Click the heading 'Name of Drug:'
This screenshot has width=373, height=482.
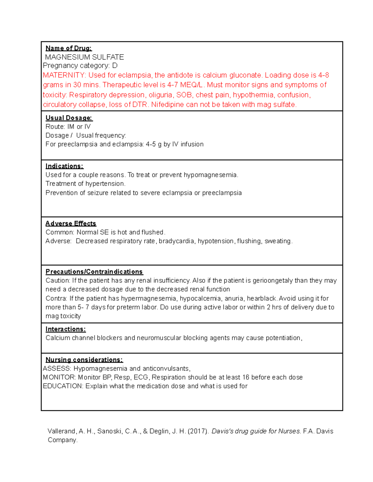point(68,48)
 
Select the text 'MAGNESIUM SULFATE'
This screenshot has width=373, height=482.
point(85,57)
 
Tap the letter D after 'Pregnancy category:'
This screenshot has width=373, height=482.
point(115,66)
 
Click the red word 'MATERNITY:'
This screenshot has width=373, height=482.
point(64,75)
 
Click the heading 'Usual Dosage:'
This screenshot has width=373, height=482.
point(69,118)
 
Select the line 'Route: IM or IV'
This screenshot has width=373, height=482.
point(68,127)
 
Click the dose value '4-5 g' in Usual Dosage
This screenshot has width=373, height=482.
point(153,144)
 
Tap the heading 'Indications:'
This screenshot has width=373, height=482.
point(64,166)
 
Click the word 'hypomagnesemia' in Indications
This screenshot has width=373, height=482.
point(210,175)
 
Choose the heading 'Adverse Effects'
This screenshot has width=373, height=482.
point(71,223)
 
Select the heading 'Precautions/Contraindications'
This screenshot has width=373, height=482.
point(94,272)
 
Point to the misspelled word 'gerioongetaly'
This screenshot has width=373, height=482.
point(273,281)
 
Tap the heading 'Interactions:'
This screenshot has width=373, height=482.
point(66,329)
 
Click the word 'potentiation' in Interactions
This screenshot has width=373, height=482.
point(283,338)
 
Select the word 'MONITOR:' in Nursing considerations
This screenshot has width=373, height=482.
point(59,377)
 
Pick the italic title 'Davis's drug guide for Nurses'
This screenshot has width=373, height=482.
point(256,431)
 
